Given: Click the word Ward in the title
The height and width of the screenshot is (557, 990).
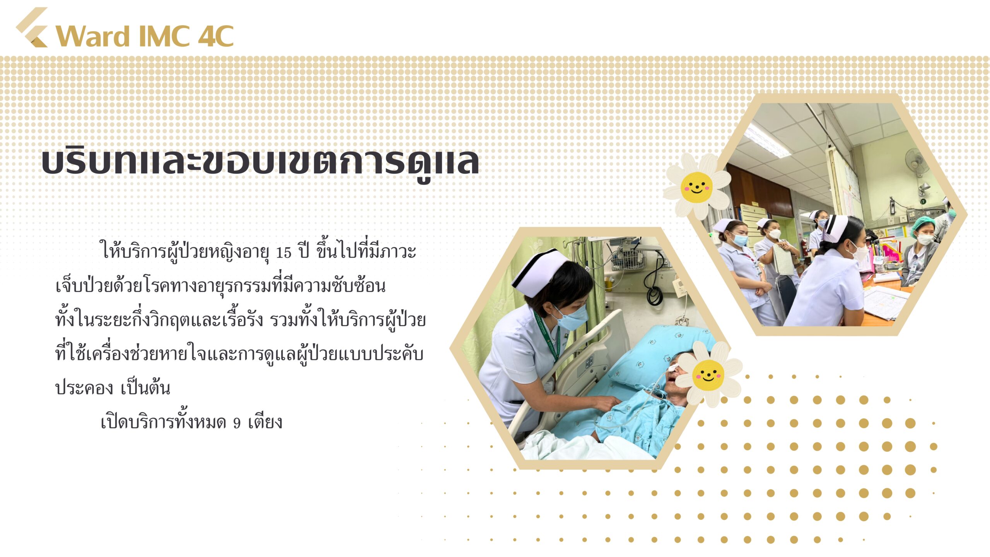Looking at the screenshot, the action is click(93, 36).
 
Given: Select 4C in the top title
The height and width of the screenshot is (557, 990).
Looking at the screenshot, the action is click(216, 36).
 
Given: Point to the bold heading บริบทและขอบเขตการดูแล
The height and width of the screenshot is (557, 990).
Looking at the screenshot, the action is click(260, 162).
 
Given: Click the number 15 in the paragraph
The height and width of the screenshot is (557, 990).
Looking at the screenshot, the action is click(283, 253).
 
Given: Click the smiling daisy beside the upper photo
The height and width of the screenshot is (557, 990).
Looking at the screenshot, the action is click(696, 187).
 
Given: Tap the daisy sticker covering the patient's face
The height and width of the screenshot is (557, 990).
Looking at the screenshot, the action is click(708, 374).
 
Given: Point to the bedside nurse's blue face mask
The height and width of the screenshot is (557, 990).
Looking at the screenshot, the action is click(571, 318).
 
